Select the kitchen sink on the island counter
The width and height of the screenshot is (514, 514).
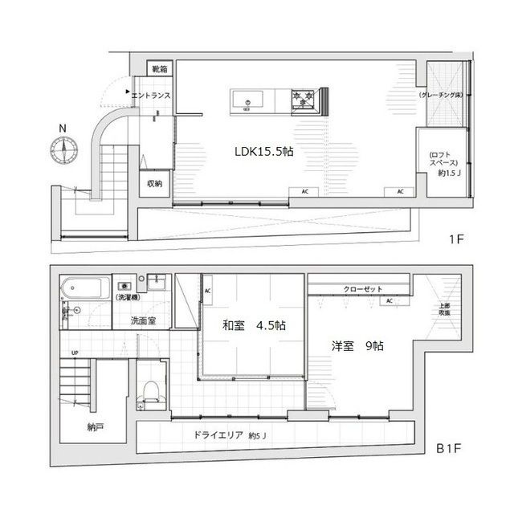(x=247, y=100)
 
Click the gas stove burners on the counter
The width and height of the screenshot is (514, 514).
(x=304, y=100)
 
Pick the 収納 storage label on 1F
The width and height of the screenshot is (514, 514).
(x=154, y=183)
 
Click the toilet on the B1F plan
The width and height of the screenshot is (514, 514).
(x=149, y=392)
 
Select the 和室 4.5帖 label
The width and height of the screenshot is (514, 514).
(x=254, y=326)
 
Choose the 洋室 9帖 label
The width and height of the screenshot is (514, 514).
(x=358, y=347)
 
